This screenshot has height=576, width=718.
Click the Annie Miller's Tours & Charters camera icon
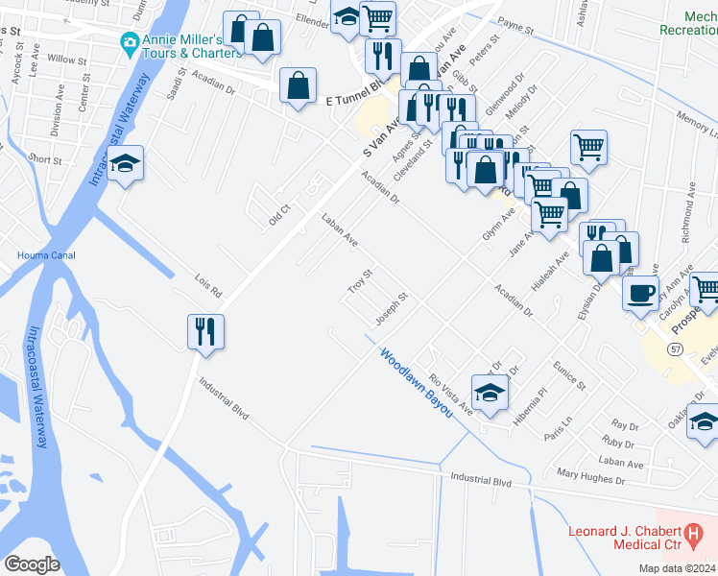point(129,42)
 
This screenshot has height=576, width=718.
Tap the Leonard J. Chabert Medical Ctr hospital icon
point(693,531)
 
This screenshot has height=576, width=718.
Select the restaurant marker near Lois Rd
point(205,331)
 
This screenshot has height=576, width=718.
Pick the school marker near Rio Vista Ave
point(490,392)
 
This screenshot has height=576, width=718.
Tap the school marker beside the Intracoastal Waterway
point(125,163)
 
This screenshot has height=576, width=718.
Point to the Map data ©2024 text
point(676,568)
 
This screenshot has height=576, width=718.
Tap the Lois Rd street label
point(207,286)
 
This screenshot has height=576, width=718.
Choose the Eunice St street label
point(569,375)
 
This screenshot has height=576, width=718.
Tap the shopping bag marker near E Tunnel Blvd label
point(299,85)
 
